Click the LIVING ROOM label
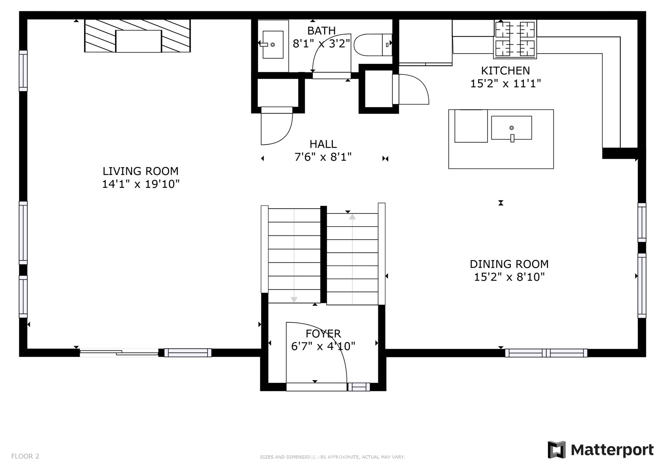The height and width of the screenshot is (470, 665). coord(141,171)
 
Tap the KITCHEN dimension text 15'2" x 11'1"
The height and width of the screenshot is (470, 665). coord(506,84)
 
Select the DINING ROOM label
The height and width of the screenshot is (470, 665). coord(509,264)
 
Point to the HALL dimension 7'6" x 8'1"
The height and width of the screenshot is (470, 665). coord(323,157)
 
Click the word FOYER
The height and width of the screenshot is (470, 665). coord(323,334)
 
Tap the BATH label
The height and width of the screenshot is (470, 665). coord(321,31)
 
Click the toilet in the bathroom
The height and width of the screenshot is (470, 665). coord(373,45)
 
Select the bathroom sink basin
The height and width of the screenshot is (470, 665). coord(273,44)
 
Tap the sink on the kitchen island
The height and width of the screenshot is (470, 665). coord(512,128)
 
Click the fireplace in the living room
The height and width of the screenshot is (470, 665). coord(137,36)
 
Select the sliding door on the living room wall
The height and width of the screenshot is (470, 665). coord(119,353)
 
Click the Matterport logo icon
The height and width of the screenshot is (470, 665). coord(556,450)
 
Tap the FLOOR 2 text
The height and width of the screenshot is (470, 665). coord(25,456)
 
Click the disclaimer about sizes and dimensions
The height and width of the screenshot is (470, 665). coord(332,457)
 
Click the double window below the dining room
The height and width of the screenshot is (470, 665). coord(546,353)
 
